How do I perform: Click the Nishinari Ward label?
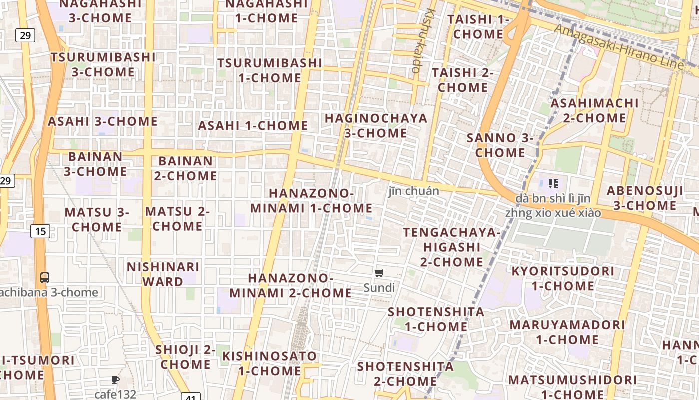coord(163,274)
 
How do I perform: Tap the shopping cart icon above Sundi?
coord(379,273)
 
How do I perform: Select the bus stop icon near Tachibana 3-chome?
coord(45,278)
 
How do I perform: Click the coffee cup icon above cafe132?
coord(115,380)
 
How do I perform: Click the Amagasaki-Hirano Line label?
coord(619,48)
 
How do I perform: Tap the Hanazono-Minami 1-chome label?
coord(311,201)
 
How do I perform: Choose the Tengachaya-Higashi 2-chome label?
coord(451,247)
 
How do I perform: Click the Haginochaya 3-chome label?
coord(376,126)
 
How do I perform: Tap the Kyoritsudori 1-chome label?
coord(563,279)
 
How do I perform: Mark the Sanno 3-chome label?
coord(500,145)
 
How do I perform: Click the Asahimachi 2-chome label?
coord(594,111)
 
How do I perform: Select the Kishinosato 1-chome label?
coord(270,363)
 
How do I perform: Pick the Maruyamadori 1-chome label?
coord(567,332)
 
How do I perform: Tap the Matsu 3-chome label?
coord(97,219)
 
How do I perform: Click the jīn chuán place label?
coord(414,191)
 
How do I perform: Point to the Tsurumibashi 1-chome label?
coord(270,70)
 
